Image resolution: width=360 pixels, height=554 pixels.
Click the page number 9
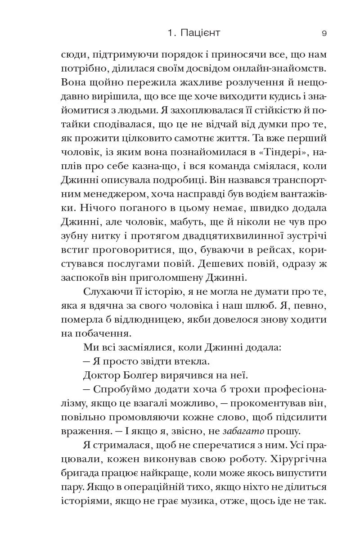coord(324,33)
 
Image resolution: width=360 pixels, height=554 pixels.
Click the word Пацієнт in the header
coord(201,33)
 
